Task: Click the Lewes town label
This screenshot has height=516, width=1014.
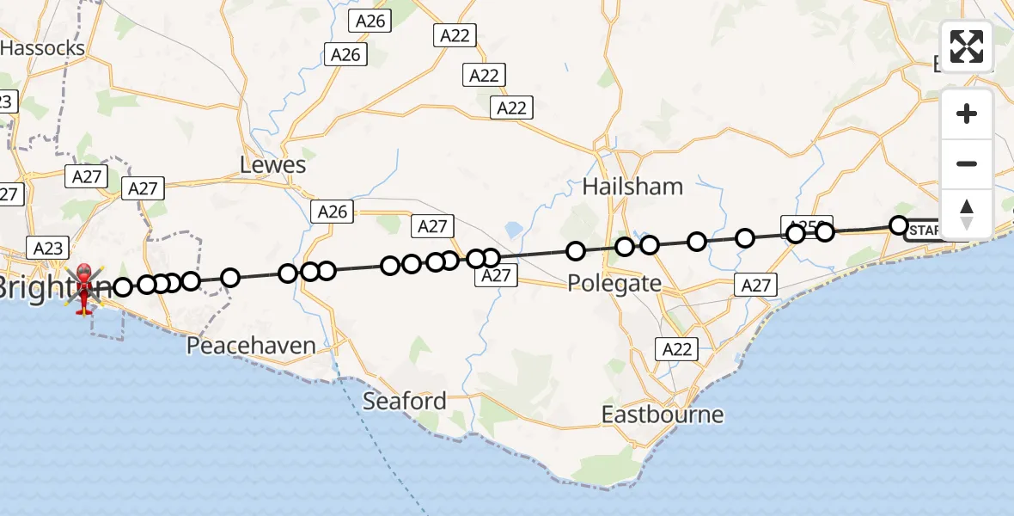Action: pyautogui.click(x=273, y=165)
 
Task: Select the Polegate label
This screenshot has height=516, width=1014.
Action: pyautogui.click(x=614, y=284)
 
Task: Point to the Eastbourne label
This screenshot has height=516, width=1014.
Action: pyautogui.click(x=662, y=415)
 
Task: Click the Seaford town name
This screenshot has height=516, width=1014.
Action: pyautogui.click(x=405, y=401)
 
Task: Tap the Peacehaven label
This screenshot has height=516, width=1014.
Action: pyautogui.click(x=252, y=346)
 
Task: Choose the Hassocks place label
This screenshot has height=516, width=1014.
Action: pyautogui.click(x=43, y=48)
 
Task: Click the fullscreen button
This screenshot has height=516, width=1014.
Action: pyautogui.click(x=967, y=46)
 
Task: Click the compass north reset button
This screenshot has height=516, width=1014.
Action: pyautogui.click(x=967, y=213)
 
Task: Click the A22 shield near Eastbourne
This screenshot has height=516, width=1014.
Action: pyautogui.click(x=676, y=349)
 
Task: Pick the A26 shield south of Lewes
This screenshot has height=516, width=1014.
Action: pyautogui.click(x=333, y=212)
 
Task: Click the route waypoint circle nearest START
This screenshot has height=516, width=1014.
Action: pyautogui.click(x=898, y=225)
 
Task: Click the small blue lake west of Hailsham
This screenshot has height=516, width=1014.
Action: pyautogui.click(x=514, y=230)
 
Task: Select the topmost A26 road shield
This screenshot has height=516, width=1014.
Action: pyautogui.click(x=369, y=21)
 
